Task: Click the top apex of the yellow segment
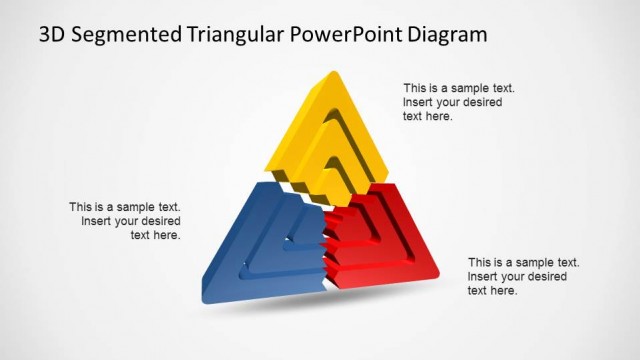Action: point(328,74)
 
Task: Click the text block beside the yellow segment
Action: point(453,102)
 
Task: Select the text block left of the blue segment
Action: point(125,221)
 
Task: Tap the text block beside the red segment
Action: point(523,276)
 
